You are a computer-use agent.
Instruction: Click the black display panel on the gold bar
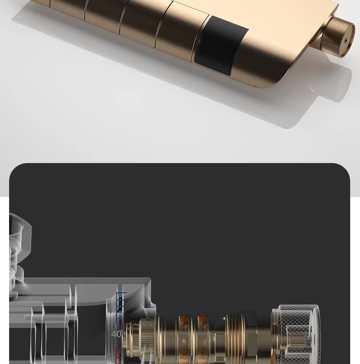(x=221, y=45)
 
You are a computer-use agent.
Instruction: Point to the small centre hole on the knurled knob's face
(x=345, y=41)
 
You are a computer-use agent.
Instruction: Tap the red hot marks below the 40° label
(x=119, y=355)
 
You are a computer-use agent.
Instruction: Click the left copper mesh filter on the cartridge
(x=183, y=339)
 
